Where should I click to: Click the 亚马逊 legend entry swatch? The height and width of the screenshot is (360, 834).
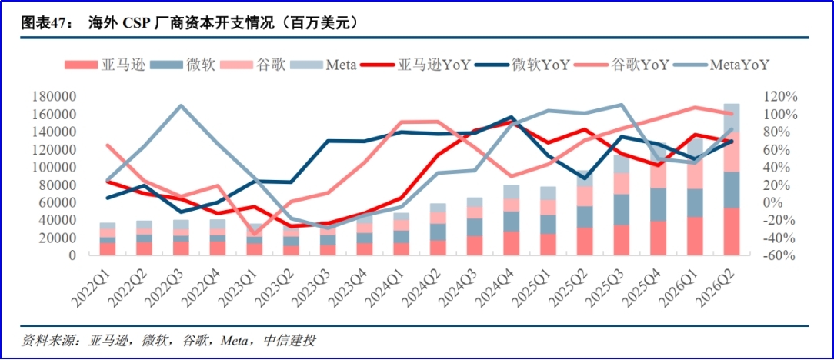(81, 65)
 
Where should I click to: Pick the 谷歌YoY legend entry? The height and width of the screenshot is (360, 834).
(622, 65)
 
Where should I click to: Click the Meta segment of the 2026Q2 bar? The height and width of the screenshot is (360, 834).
(732, 118)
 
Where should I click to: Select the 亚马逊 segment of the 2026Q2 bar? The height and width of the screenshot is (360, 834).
(732, 232)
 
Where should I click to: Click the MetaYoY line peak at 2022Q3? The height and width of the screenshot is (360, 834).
(180, 105)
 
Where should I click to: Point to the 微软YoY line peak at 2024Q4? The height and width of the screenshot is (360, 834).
(511, 117)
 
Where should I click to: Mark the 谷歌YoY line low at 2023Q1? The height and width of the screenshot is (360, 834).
(254, 233)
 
